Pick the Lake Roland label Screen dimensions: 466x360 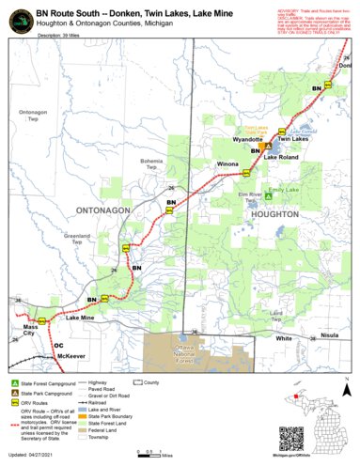tap(281, 158)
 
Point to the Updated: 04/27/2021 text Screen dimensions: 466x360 tap(38, 457)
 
